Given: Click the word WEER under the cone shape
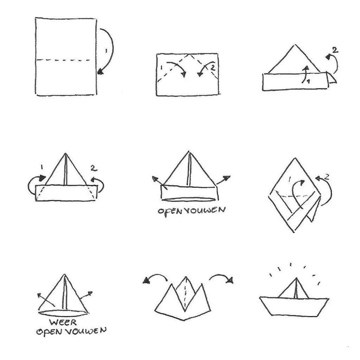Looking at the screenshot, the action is click(63, 322).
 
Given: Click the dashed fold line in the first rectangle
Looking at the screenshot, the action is click(63, 60).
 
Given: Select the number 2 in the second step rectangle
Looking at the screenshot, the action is click(213, 67).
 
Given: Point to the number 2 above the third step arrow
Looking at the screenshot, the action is click(335, 50).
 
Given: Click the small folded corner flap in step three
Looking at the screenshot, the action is click(332, 78).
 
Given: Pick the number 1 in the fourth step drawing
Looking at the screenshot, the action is click(41, 167).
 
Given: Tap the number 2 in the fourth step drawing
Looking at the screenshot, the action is click(94, 168).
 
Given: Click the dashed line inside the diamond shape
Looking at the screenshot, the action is click(294, 196).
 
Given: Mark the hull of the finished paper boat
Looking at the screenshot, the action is click(294, 307).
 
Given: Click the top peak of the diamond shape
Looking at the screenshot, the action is click(295, 158).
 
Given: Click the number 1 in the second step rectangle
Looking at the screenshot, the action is click(162, 68).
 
